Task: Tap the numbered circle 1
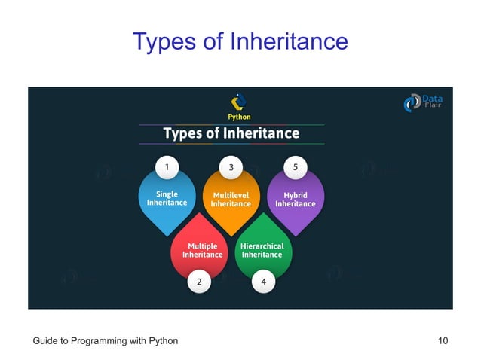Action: [x=167, y=165]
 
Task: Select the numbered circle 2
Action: [x=199, y=282]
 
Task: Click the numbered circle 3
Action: [x=231, y=165]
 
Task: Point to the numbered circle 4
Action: [x=263, y=282]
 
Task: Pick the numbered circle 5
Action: [x=295, y=165]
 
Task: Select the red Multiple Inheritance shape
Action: [x=199, y=249]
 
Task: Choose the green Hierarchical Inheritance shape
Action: [x=262, y=249]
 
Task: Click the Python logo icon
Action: [x=239, y=102]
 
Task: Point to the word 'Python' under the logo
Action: [x=240, y=117]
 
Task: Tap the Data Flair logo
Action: [x=424, y=102]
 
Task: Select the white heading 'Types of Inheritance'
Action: [x=231, y=134]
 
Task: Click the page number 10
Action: [x=443, y=341]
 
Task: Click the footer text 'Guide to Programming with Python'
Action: [x=106, y=341]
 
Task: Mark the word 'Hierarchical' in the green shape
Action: [x=262, y=246]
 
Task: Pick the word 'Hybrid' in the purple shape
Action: [x=295, y=194]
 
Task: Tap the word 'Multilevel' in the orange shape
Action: [x=231, y=194]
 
